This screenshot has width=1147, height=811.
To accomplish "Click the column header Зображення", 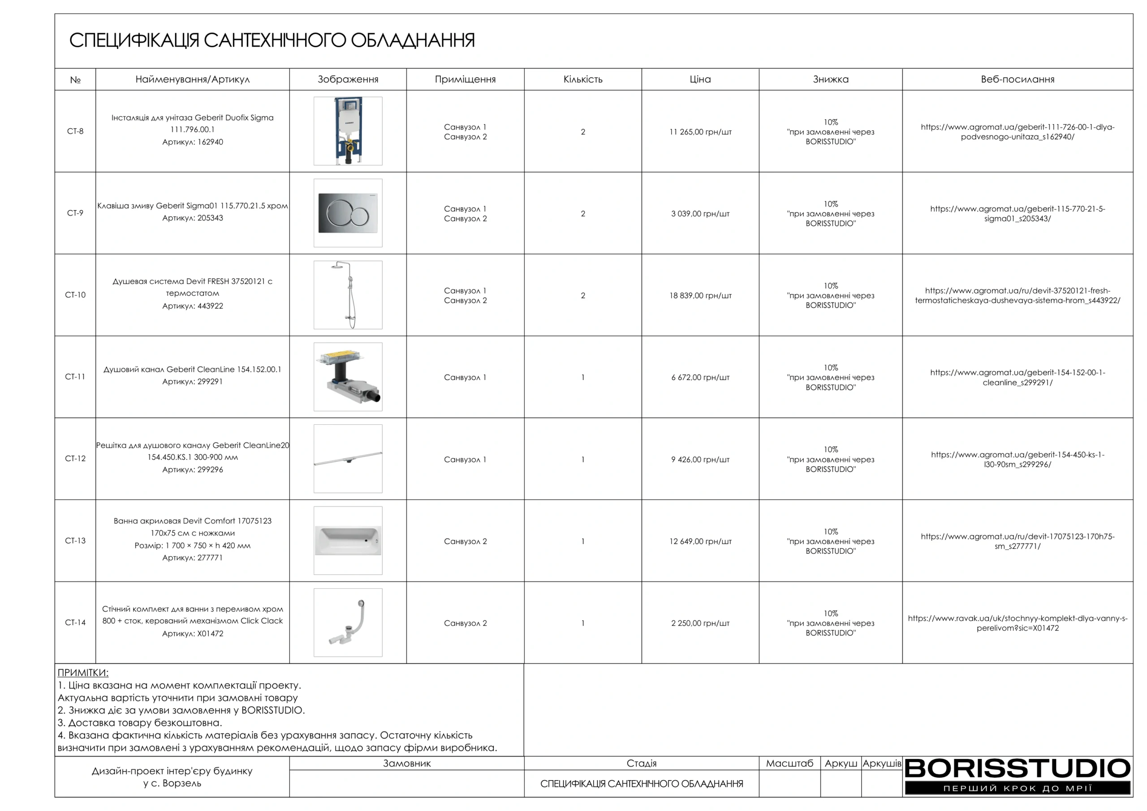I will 348,79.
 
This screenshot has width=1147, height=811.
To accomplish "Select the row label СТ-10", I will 75,295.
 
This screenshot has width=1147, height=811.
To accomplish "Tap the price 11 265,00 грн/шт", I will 700,132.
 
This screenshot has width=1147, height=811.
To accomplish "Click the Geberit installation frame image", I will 348,131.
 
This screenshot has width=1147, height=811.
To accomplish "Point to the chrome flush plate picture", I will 348,213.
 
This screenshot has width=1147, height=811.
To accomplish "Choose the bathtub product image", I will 348,540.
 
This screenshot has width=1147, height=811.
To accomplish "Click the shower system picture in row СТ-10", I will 348,295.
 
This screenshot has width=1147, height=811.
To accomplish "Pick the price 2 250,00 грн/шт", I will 700,623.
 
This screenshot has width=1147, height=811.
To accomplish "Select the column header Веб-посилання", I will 1017,79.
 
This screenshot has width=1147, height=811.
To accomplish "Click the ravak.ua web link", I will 1017,623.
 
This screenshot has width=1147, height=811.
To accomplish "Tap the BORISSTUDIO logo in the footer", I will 1017,775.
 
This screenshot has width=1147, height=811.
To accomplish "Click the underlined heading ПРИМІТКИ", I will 83,673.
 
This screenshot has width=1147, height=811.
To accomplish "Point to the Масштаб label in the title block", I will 789,764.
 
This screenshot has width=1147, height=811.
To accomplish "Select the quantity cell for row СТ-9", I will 582,214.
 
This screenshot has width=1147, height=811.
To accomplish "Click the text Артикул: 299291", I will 192,382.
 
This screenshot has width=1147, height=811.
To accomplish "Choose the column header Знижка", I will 830,79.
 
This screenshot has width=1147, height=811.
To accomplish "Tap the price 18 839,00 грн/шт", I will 700,296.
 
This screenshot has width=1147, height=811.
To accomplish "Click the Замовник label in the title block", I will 407,764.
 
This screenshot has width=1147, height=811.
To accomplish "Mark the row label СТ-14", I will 75,623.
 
